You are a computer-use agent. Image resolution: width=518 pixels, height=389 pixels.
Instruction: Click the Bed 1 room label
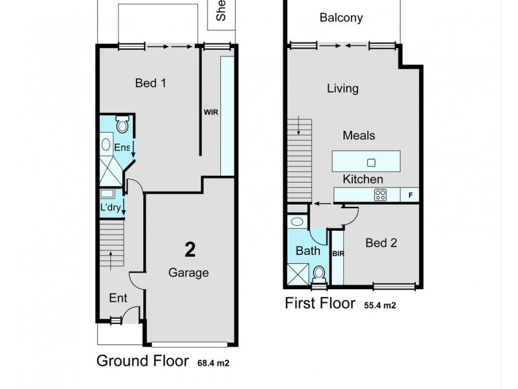[x=151, y=83]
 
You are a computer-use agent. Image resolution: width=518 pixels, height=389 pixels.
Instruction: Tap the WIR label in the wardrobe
[x=211, y=112]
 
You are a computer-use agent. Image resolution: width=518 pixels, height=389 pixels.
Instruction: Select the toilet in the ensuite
[x=122, y=124]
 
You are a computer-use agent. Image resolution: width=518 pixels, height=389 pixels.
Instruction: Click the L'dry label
[x=110, y=207]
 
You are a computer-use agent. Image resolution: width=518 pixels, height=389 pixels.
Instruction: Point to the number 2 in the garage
[x=190, y=250]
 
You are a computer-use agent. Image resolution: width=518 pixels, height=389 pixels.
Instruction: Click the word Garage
[x=188, y=273]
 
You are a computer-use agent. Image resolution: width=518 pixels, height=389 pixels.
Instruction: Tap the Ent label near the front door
[x=118, y=298]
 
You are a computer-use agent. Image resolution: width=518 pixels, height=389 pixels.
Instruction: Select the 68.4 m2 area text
[x=214, y=364]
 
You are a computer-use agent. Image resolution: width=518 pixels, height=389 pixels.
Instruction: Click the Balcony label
[x=341, y=18]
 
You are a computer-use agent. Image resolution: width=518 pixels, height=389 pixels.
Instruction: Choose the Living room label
[x=343, y=89]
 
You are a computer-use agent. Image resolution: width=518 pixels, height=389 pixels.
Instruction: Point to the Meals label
[x=359, y=136]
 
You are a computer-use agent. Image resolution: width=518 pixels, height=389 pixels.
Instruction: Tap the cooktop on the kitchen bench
[x=381, y=194]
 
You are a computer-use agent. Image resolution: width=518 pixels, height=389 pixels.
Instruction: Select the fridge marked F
[x=410, y=194]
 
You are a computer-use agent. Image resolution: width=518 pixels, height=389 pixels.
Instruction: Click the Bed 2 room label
[x=381, y=243]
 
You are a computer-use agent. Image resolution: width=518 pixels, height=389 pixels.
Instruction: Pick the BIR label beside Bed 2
[x=337, y=254]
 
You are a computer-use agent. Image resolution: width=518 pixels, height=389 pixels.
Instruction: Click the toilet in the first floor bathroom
[x=319, y=276]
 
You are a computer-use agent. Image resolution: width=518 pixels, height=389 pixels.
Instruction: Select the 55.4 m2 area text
[x=380, y=305]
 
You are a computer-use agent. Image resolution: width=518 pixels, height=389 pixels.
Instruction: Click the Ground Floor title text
[x=142, y=361]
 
